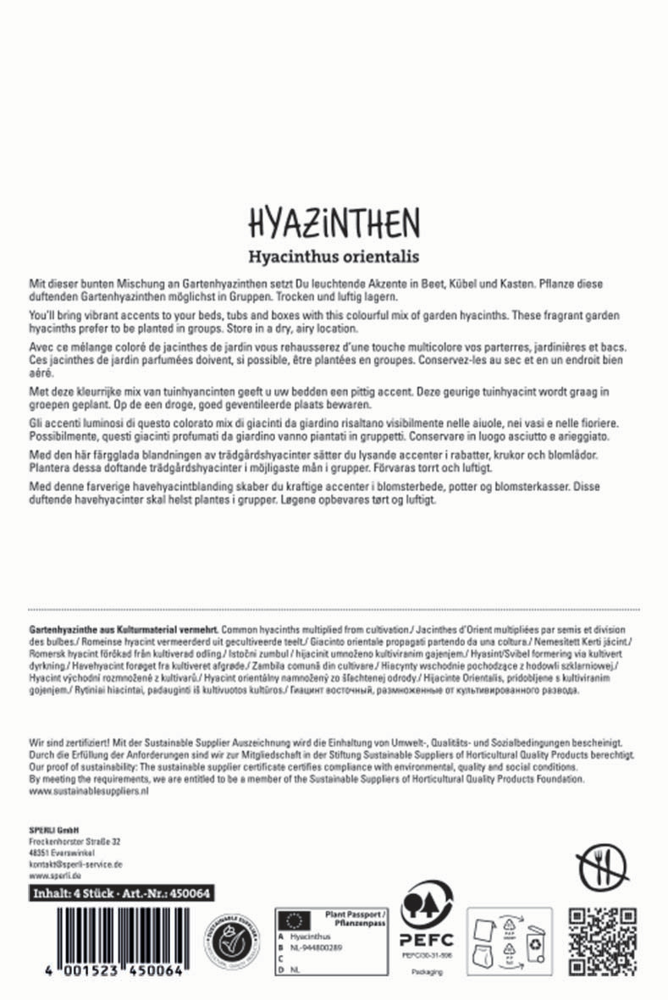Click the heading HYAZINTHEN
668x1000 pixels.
click(x=334, y=224)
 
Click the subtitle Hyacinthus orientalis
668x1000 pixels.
click(x=334, y=255)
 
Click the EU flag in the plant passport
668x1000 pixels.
click(x=294, y=919)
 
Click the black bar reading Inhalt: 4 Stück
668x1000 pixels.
click(x=120, y=893)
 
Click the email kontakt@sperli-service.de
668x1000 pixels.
click(x=75, y=864)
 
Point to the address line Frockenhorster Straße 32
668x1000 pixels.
click(x=75, y=841)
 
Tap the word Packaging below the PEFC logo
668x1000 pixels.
click(x=427, y=972)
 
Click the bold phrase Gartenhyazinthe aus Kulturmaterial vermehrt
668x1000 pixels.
click(x=124, y=631)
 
